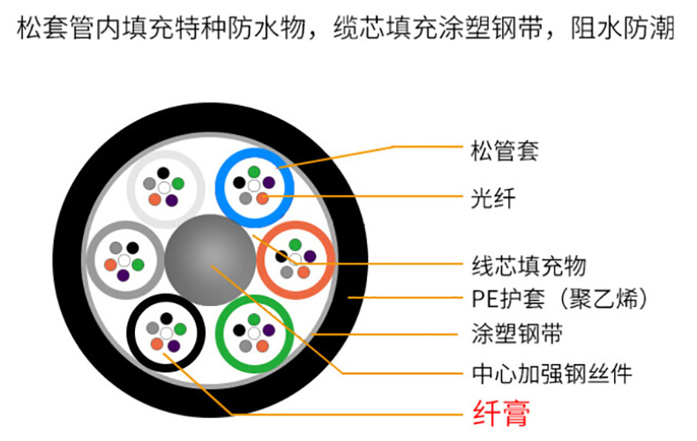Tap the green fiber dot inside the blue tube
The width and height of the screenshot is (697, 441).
[x=253, y=171]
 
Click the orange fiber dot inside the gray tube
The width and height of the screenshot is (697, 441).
[x=109, y=264]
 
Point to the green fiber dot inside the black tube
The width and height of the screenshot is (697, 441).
[x=179, y=329]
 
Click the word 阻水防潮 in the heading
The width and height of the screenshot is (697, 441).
[x=631, y=30]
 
